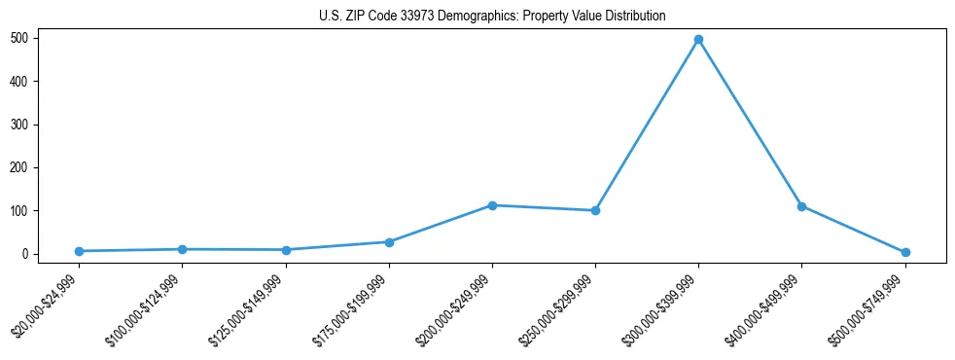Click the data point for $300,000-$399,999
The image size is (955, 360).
click(698, 40)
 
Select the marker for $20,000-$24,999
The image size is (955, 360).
click(79, 251)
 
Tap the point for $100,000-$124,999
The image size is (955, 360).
click(182, 249)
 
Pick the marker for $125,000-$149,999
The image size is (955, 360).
click(286, 250)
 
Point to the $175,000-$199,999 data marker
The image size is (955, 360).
click(389, 242)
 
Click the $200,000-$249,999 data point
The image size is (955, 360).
click(492, 205)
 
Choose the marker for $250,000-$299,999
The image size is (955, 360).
click(595, 210)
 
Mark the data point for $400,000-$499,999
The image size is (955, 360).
click(801, 206)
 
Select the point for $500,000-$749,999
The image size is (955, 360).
click(905, 252)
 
